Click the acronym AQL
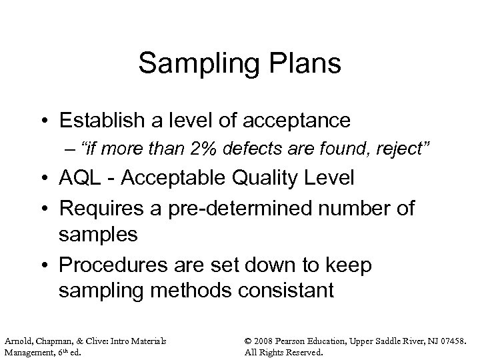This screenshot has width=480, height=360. (81, 179)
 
